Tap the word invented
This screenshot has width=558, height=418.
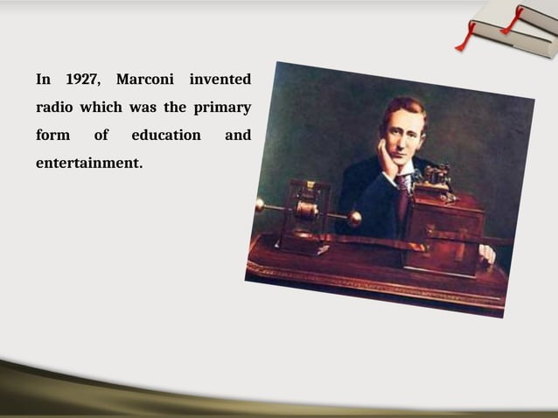coord(220,80)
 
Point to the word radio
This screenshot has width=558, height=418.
coord(54,108)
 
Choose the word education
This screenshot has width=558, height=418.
coord(166,136)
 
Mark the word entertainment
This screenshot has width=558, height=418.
coord(88,163)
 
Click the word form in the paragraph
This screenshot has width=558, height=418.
coord(52,136)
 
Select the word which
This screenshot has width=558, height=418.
coord(101,108)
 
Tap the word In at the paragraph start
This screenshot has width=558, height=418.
coord(44,80)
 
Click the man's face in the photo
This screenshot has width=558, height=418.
coord(401,136)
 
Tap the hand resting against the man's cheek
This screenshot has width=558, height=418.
coord(386,158)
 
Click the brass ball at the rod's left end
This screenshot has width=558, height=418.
coord(260,205)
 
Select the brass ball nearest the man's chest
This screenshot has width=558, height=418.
coord(354,219)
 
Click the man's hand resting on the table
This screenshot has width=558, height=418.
coord(486,254)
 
